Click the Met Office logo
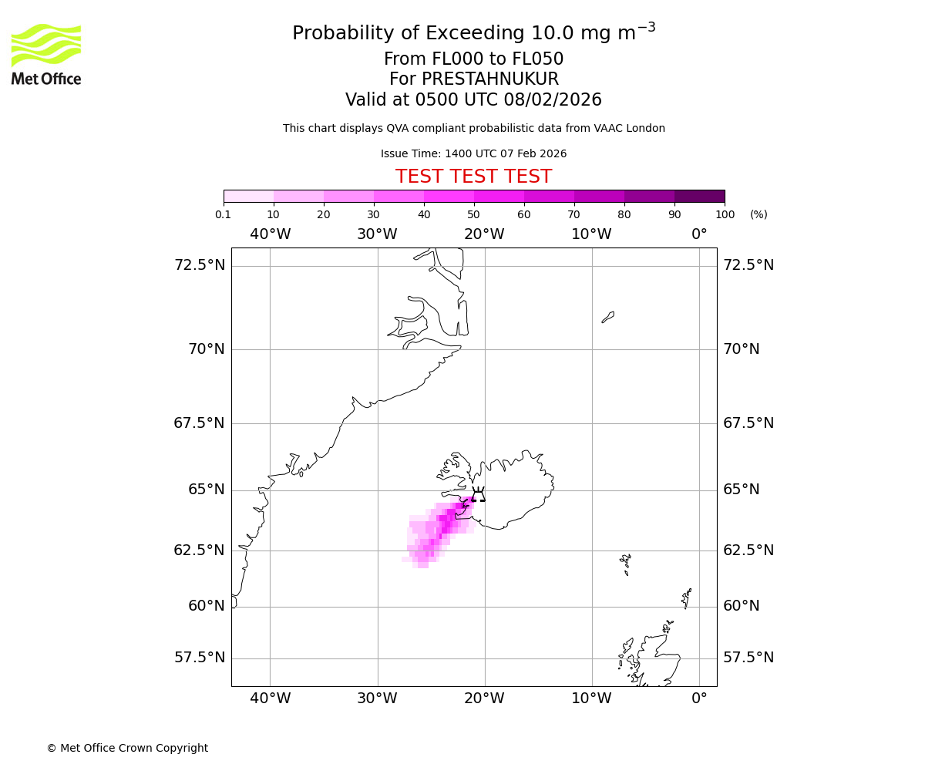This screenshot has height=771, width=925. point(46,54)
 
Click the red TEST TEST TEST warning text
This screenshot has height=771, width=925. point(473,177)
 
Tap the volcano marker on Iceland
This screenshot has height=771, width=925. point(479,495)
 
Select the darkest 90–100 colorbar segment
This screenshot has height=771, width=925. point(699,196)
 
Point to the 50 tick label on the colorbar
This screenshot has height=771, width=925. point(473,214)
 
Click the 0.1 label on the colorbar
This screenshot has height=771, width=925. point(223,214)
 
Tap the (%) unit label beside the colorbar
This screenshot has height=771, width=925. point(758,214)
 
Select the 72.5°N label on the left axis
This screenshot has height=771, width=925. point(200,265)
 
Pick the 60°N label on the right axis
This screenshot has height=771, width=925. point(741,606)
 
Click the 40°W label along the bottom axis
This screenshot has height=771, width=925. point(270,699)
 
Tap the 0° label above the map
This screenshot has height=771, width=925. point(699,234)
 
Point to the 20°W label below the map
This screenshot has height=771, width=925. point(484,699)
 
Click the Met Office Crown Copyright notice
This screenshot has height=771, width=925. point(127,748)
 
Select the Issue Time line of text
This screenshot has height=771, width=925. point(473,153)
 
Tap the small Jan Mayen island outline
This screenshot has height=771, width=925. point(607,317)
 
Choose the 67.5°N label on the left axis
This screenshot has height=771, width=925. point(200,423)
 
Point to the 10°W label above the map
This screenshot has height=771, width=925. point(591,234)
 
